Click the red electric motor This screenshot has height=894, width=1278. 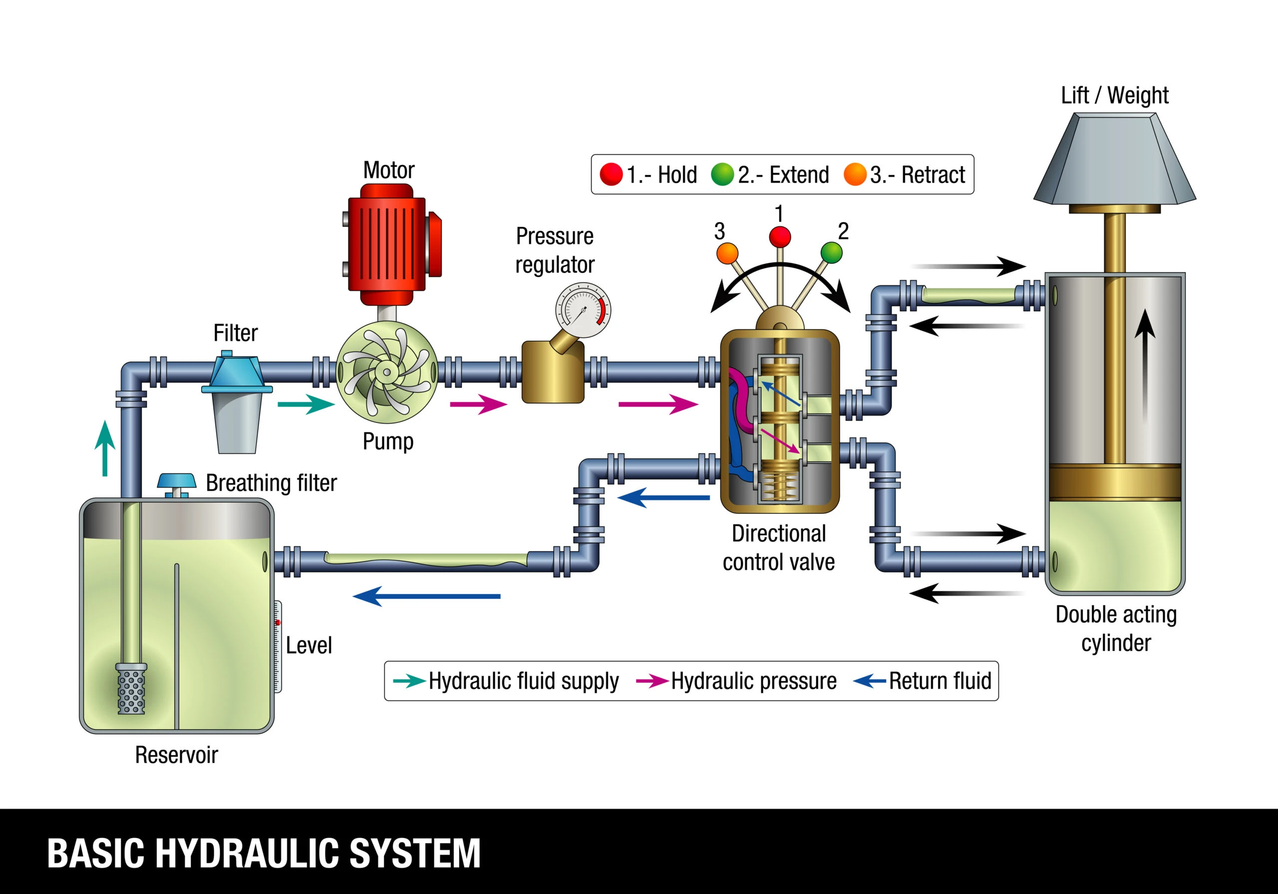pos(386,245)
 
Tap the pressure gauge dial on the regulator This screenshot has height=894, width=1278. pos(582,310)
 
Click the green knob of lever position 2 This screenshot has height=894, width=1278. pos(832,252)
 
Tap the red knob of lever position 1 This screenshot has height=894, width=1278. pos(780,236)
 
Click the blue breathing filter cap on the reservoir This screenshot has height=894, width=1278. pos(176,480)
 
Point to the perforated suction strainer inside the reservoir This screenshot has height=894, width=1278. pos(131,690)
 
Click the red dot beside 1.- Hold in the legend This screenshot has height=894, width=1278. pos(611,175)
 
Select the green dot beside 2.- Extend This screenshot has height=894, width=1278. pos(722,175)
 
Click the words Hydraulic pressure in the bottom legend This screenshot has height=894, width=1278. pos(753,681)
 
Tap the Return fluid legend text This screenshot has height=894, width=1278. pos(940,681)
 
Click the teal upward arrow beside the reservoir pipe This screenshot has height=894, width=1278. pos(105,448)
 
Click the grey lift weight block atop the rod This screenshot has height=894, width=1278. pos(1114,161)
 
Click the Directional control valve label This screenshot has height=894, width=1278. pos(778,548)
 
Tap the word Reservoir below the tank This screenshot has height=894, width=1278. pos(176,755)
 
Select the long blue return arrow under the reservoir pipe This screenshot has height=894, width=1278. pos(426,596)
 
